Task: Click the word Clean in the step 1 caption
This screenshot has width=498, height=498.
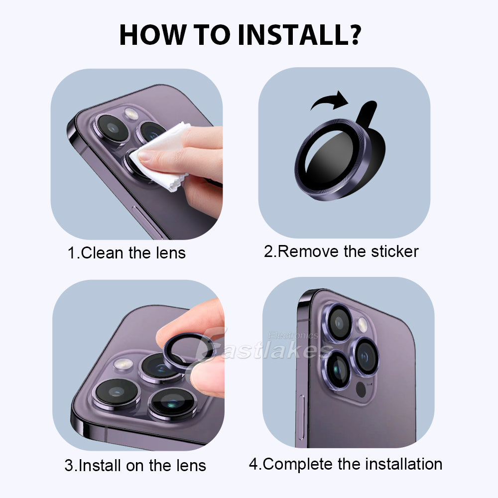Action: [x=102, y=252]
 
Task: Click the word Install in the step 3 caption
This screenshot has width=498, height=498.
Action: [x=102, y=466]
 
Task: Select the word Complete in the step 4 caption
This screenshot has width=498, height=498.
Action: [x=298, y=464]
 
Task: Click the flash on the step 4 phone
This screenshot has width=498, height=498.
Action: [x=362, y=325]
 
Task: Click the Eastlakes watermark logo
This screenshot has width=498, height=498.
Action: [x=264, y=346]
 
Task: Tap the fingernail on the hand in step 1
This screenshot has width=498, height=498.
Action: [x=146, y=155]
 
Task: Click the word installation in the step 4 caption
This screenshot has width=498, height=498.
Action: [x=404, y=464]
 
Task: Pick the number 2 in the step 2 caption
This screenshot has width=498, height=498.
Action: [x=269, y=251]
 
